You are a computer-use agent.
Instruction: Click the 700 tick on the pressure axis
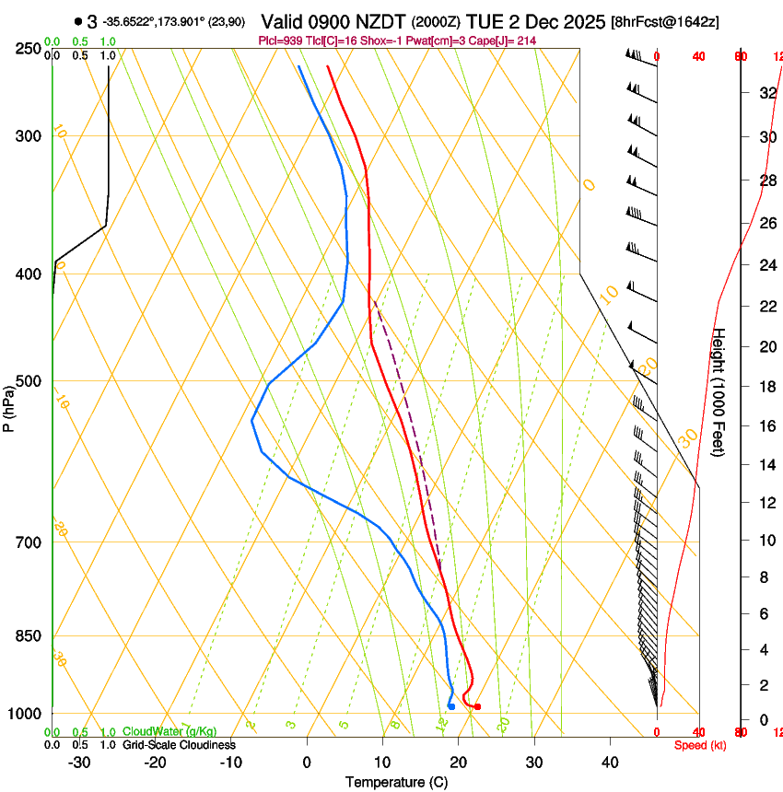click(29, 542)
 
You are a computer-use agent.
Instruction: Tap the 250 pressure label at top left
click(29, 49)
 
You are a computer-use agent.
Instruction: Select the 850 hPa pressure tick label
click(29, 635)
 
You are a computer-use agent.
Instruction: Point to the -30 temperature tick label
click(79, 762)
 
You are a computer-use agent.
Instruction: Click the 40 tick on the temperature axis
click(609, 762)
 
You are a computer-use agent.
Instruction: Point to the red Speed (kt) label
click(700, 745)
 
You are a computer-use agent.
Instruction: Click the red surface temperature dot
click(477, 706)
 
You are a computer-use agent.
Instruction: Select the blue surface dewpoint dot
click(451, 706)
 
